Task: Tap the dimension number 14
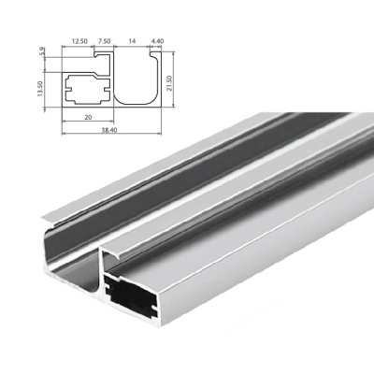coord(130,42)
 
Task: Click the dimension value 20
coord(87,120)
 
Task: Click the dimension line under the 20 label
coord(87,125)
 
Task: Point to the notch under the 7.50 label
coord(105,58)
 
